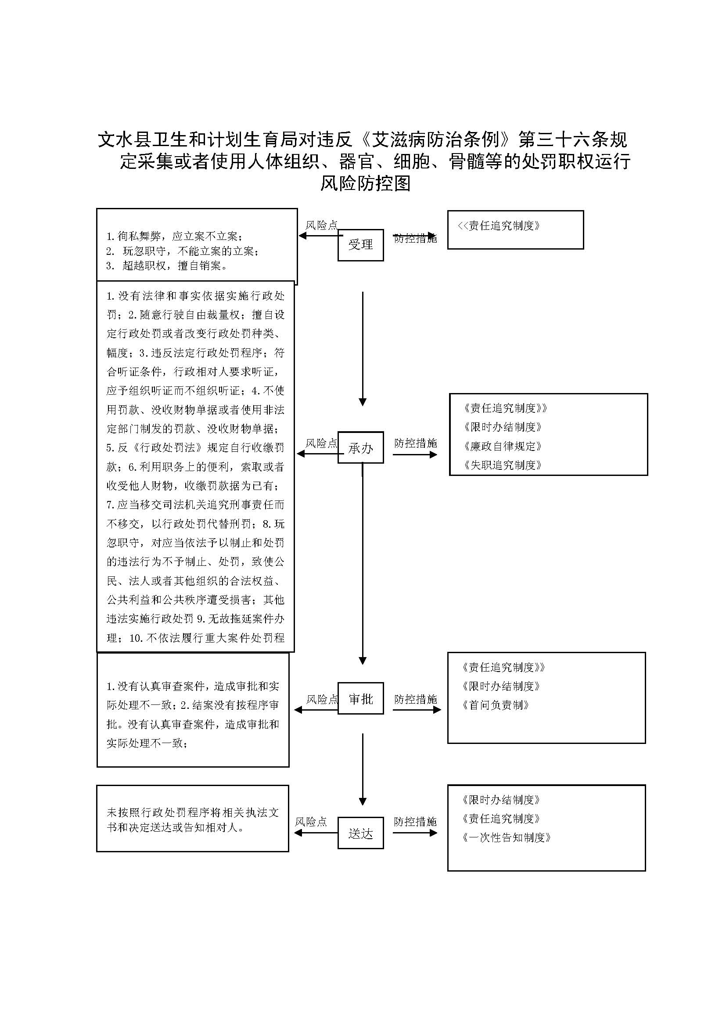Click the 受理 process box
tap(360, 245)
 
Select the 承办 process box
tap(360, 447)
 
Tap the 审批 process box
tap(360, 698)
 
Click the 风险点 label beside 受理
tap(321, 225)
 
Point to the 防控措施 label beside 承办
tap(415, 443)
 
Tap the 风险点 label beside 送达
tap(311, 821)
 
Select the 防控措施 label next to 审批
tap(415, 699)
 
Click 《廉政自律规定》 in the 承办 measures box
tap(503, 446)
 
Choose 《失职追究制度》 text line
tap(503, 465)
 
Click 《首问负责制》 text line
tap(496, 705)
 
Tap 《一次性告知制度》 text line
tap(506, 837)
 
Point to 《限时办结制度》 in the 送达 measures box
tap(501, 800)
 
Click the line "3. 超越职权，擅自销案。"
tap(167, 266)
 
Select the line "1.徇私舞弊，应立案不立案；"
tap(174, 236)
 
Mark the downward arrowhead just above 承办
tap(363, 402)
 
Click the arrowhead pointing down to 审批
tap(363, 661)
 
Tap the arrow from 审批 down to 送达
tap(363, 769)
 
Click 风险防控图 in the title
tap(365, 183)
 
